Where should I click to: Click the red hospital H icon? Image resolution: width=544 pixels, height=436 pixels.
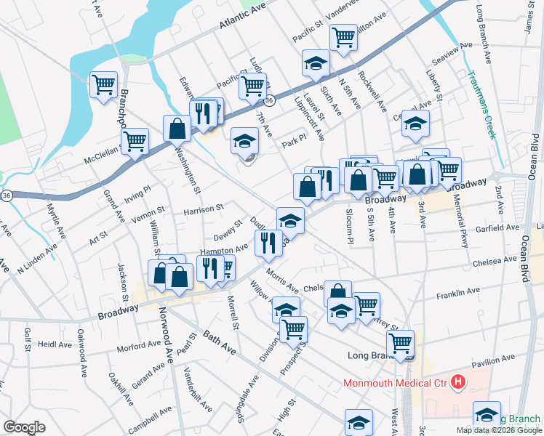(x=458, y=381)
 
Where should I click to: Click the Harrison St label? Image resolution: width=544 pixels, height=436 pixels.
(x=203, y=209)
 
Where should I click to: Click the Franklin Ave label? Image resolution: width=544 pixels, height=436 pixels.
(x=458, y=291)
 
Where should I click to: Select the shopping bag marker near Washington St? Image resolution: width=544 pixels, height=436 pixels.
(x=177, y=129)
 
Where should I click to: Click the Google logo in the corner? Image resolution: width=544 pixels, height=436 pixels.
(x=24, y=427)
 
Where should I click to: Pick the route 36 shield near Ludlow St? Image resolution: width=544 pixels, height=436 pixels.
(x=268, y=101)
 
